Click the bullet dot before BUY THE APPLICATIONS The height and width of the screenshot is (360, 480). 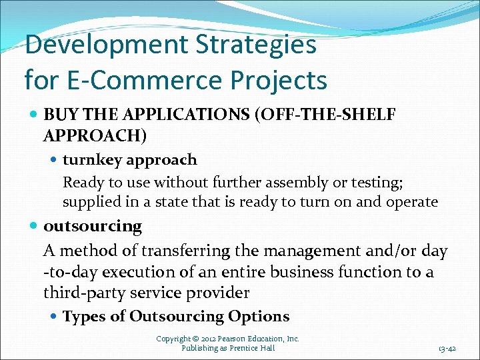coord(33,115)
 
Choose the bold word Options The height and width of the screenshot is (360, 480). coord(259,316)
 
